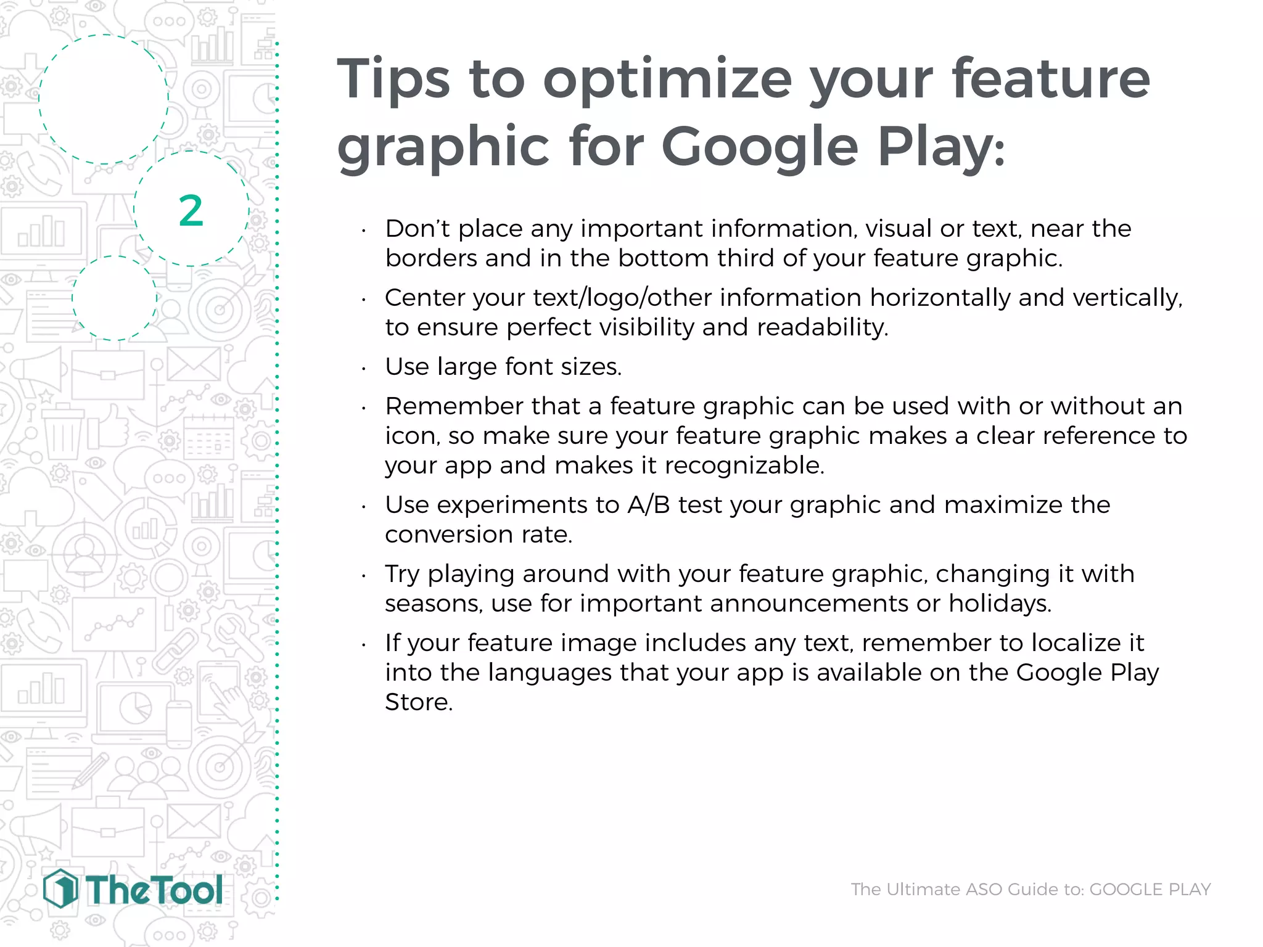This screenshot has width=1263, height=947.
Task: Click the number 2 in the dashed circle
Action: point(191,211)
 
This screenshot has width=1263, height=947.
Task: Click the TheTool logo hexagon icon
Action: point(60,888)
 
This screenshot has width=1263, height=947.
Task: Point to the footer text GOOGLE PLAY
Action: point(1150,889)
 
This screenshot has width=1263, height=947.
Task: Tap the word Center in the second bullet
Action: point(424,298)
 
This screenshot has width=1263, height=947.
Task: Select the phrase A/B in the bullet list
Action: point(649,505)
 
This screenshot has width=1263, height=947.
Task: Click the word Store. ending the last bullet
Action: point(419,702)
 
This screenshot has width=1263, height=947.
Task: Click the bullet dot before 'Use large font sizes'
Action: point(364,369)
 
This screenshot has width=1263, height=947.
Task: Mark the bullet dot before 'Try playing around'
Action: point(364,576)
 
